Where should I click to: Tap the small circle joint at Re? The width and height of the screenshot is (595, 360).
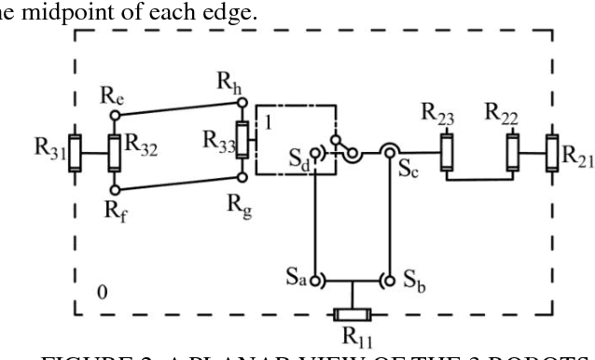point(114,117)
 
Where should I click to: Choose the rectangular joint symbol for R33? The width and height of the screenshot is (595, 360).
point(242,141)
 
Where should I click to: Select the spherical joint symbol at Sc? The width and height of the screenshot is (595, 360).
point(387,150)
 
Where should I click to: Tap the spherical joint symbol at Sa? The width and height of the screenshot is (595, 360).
point(316,278)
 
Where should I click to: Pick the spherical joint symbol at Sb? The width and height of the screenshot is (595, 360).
point(387,278)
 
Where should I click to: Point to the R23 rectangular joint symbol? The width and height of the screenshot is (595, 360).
point(448,148)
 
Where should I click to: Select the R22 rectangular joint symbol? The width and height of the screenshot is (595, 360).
point(511,148)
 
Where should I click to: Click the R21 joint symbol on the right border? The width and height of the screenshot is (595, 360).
point(552,148)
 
